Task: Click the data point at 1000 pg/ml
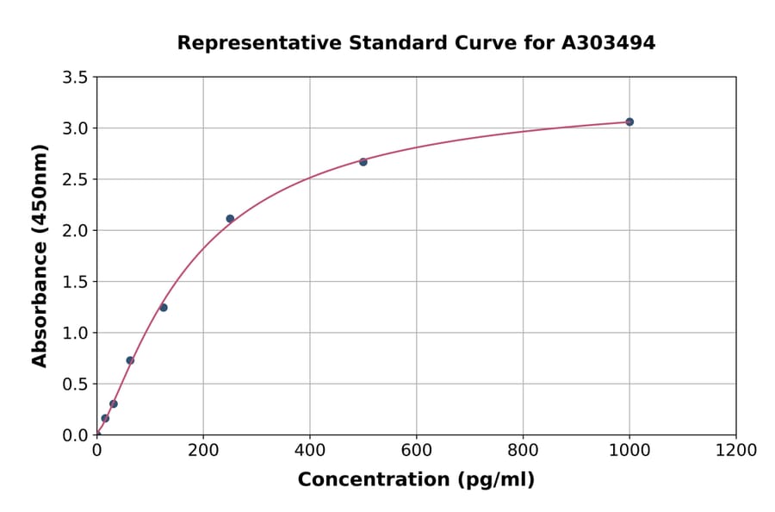click(629, 122)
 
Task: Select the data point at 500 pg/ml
click(363, 162)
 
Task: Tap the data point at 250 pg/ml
click(230, 218)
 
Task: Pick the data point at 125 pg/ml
click(164, 308)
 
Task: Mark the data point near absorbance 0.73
click(130, 360)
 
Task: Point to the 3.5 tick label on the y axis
click(76, 78)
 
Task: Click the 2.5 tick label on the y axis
click(76, 179)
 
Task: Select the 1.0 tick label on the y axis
click(76, 333)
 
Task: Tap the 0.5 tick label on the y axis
click(76, 384)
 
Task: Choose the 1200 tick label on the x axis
click(736, 450)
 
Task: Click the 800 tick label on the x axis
click(523, 450)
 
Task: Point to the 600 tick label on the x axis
click(416, 450)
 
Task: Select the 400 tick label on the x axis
click(310, 450)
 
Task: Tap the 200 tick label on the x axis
click(203, 450)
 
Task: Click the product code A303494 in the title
click(610, 43)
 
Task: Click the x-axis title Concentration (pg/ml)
click(416, 480)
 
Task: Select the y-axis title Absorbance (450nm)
click(40, 255)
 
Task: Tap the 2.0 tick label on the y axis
click(76, 230)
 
